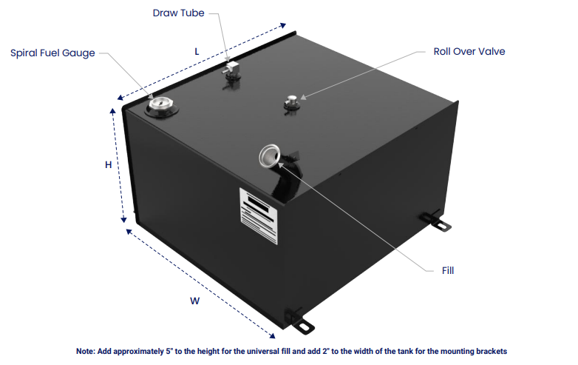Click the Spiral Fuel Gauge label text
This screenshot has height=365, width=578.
coord(52,53)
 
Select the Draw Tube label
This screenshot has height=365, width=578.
coord(178,13)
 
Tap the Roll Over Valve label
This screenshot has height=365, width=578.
coord(469,52)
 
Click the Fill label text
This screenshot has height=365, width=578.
coord(448,270)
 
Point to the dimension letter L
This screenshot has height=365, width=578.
coord(197,51)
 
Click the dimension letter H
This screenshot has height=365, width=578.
coord(108,165)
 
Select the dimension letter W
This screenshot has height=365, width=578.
coord(194,301)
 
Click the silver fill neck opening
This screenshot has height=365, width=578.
coord(269,155)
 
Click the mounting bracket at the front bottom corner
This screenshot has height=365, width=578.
coord(302,324)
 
